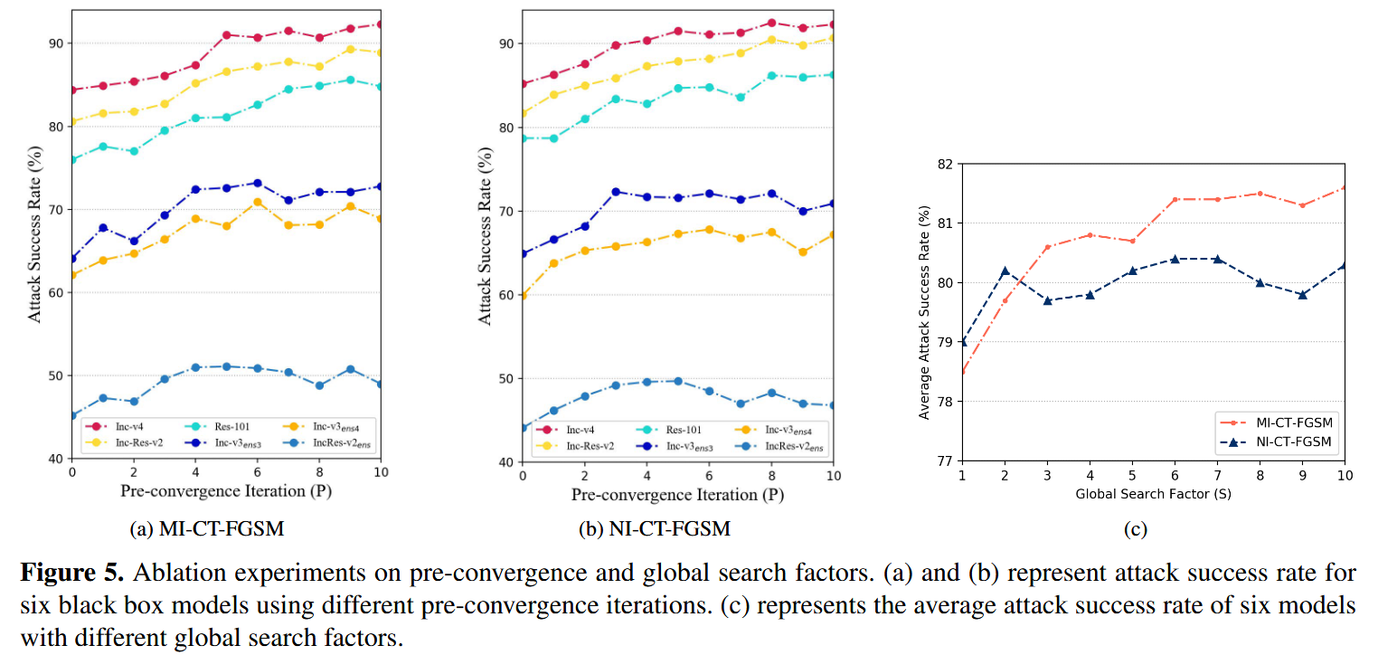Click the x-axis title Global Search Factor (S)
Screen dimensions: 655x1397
[x=1153, y=494]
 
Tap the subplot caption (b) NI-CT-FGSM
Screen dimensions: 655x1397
[x=655, y=528]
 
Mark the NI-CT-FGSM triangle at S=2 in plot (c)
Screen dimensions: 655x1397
[x=1005, y=271]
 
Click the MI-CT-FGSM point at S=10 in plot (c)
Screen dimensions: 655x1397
[x=1345, y=187]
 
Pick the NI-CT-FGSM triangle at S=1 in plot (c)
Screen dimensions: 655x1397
[x=962, y=342]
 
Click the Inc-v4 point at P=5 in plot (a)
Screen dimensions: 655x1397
[x=226, y=35]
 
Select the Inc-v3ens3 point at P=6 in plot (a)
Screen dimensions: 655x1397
[x=257, y=183]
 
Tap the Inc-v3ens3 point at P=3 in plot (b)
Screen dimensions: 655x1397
[x=616, y=192]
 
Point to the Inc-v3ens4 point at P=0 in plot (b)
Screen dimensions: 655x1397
[x=523, y=295]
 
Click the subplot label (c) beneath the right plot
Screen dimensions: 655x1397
[x=1136, y=529]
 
